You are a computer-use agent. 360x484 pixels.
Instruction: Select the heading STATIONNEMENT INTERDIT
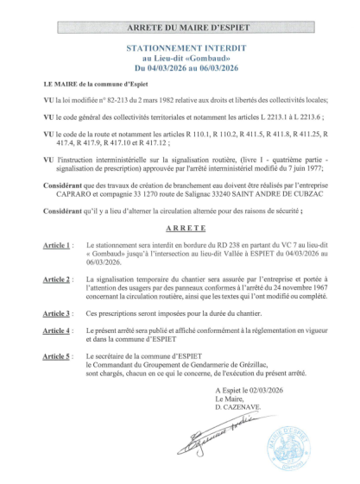pyautogui.click(x=180, y=52)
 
